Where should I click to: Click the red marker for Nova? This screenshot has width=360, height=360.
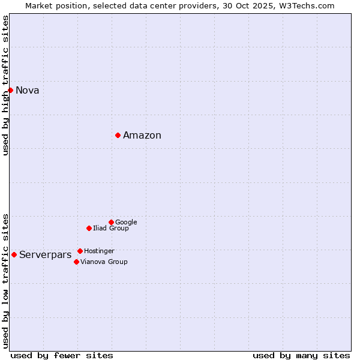(11, 90)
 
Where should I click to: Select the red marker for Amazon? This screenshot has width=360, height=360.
(118, 135)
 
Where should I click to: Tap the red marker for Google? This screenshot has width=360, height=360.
(111, 222)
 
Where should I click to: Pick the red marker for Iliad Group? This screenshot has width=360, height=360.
(89, 228)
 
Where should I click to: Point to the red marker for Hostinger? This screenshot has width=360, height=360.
(80, 251)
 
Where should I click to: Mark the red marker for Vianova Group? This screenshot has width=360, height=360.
(76, 262)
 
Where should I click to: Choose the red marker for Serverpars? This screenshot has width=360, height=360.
(14, 254)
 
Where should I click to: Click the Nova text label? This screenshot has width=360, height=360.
(28, 91)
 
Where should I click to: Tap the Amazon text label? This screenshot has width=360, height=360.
(142, 136)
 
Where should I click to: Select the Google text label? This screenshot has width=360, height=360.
(126, 222)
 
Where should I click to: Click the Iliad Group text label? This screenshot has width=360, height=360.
(111, 228)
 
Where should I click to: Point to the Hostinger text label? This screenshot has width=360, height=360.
(99, 251)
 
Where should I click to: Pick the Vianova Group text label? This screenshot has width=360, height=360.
(104, 262)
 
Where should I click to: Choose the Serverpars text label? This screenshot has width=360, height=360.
(46, 255)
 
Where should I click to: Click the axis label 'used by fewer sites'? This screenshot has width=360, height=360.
(62, 355)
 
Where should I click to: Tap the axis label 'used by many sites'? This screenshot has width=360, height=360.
(301, 355)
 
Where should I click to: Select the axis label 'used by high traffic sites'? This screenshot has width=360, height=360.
(6, 85)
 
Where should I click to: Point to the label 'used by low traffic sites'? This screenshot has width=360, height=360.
(6, 280)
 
